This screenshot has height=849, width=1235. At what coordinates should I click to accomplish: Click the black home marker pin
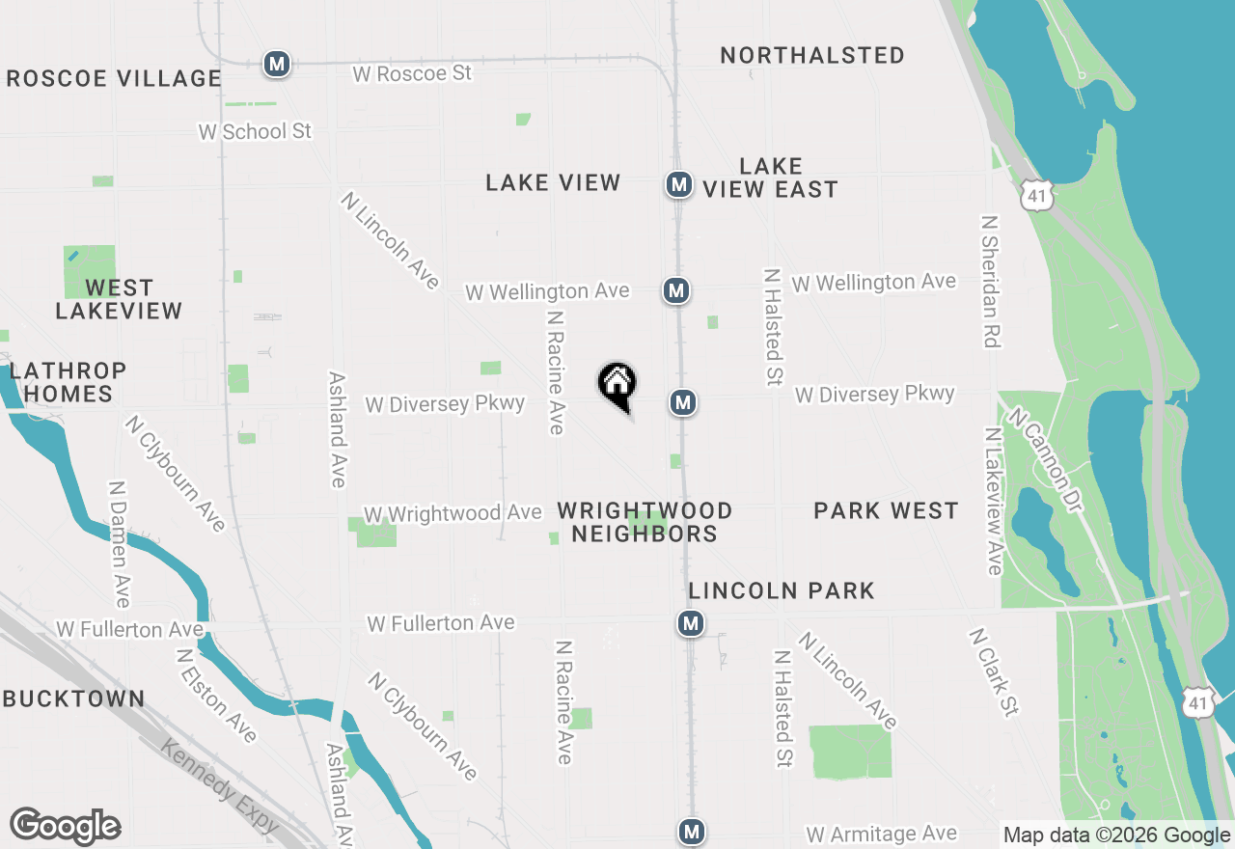(x=617, y=385)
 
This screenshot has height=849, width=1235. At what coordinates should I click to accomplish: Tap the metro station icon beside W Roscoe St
(x=277, y=64)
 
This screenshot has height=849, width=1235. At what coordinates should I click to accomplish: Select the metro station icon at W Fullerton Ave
(x=690, y=623)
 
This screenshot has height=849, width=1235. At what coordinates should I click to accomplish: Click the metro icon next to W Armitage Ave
(x=690, y=831)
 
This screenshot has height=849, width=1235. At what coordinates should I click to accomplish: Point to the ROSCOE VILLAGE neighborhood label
(x=114, y=78)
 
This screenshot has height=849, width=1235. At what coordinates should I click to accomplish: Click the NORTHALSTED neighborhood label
(x=812, y=55)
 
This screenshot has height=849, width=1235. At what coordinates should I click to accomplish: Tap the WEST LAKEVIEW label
(x=119, y=299)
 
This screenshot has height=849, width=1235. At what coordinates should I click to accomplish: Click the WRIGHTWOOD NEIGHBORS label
(x=645, y=522)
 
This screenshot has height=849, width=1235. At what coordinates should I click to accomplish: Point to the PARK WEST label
(x=886, y=510)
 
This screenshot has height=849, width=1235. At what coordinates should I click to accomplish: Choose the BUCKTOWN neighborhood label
(x=73, y=698)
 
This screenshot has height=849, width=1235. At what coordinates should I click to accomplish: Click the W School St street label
(x=256, y=131)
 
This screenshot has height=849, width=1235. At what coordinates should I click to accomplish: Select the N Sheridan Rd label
(x=990, y=281)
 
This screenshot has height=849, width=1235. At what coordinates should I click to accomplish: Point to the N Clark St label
(x=994, y=673)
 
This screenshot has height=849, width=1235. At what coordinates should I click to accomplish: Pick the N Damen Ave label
(x=120, y=545)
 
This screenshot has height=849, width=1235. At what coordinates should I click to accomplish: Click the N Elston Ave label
(x=216, y=695)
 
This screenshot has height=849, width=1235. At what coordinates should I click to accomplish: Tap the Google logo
(x=65, y=827)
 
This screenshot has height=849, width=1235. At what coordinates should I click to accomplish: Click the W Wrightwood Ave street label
(x=452, y=513)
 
